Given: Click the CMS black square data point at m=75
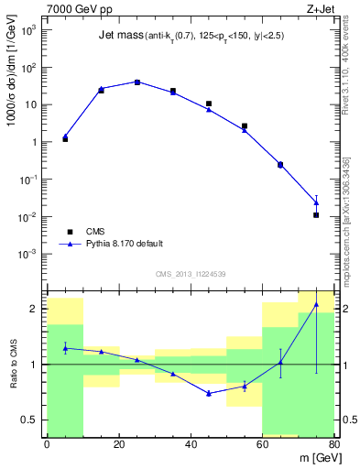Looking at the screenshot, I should (x=316, y=215).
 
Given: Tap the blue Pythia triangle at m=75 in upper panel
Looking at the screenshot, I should (x=316, y=202).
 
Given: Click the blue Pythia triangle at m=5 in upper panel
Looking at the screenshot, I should (x=65, y=136).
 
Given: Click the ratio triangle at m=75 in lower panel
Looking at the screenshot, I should (x=316, y=304).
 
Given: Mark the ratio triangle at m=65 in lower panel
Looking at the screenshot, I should (x=280, y=362).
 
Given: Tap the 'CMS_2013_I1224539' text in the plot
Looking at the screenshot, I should (x=191, y=274).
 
